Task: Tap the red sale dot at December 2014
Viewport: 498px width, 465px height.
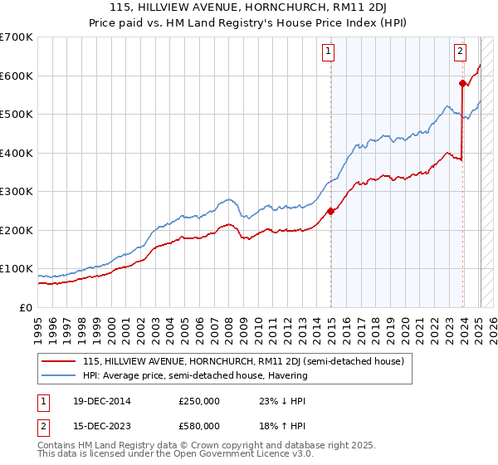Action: coord(331,211)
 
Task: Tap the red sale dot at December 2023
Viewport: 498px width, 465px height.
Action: coord(462,83)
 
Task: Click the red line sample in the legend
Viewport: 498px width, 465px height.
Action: coord(59,361)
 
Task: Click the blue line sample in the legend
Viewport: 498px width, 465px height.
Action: coord(59,375)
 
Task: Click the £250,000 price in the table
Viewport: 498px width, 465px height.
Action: coord(199,401)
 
